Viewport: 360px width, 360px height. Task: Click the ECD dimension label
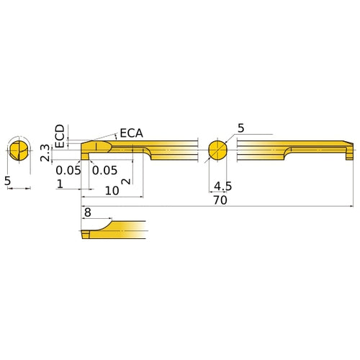point(60,135)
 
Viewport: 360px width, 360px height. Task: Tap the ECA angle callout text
point(131,132)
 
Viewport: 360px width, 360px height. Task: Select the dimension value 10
point(112,191)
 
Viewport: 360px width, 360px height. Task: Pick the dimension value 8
point(88,213)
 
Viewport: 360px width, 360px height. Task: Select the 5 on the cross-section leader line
point(240,128)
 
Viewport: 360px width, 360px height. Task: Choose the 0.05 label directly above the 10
point(104,170)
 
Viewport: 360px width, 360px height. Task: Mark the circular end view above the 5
point(19,150)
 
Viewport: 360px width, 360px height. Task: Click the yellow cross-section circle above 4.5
point(217,150)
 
